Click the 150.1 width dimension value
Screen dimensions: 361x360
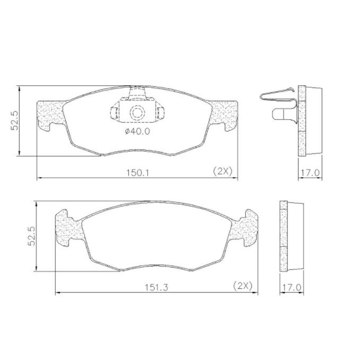pyautogui.click(x=137, y=172)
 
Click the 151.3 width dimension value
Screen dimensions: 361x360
pyautogui.click(x=156, y=287)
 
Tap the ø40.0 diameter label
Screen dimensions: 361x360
pyautogui.click(x=137, y=131)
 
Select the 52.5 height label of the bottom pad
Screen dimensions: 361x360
pyautogui.click(x=31, y=236)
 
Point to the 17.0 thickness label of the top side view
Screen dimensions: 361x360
pyautogui.click(x=310, y=173)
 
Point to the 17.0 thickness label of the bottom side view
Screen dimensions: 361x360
pyautogui.click(x=292, y=287)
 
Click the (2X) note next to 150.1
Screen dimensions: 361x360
pyautogui.click(x=223, y=172)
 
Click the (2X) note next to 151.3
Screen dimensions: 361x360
pyautogui.click(x=243, y=286)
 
